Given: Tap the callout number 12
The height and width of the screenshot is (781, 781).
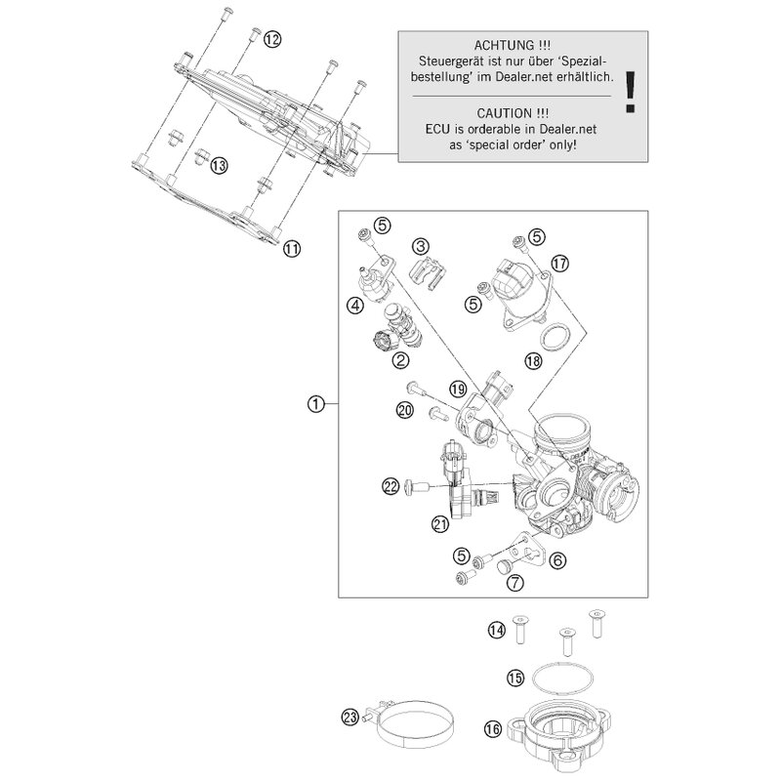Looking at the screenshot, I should click(x=271, y=39).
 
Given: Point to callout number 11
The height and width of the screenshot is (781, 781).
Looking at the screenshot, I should click(x=291, y=250).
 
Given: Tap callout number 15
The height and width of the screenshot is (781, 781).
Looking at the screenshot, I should click(x=515, y=677).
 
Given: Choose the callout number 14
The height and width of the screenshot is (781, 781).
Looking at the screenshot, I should click(x=497, y=632).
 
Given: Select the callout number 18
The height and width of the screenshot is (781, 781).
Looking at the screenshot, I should click(x=532, y=361).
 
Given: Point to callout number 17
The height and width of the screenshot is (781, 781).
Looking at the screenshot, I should click(x=558, y=264).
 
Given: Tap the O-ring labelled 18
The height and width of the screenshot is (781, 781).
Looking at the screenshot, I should click(x=556, y=338).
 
